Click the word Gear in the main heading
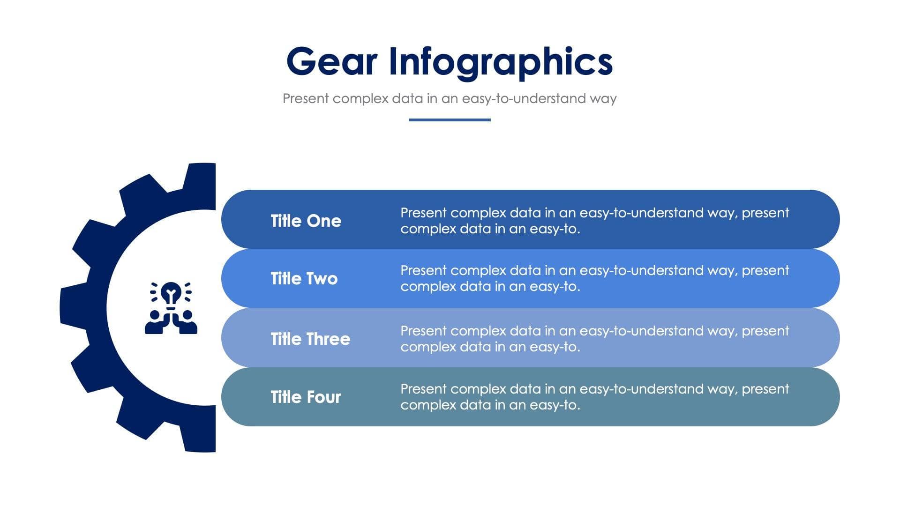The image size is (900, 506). (x=331, y=61)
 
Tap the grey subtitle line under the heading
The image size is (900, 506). (x=449, y=98)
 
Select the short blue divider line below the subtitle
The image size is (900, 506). (x=449, y=120)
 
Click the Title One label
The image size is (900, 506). (x=306, y=221)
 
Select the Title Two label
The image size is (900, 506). (x=304, y=278)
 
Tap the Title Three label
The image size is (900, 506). (x=310, y=339)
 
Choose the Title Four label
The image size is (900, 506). (x=306, y=397)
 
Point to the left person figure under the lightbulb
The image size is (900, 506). (x=155, y=322)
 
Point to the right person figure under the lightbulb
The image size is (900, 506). (x=187, y=322)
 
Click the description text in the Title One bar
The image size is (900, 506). (x=594, y=221)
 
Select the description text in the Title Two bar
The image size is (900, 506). (x=594, y=278)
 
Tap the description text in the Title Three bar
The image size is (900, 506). (x=594, y=339)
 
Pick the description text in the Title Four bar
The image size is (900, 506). (x=594, y=397)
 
